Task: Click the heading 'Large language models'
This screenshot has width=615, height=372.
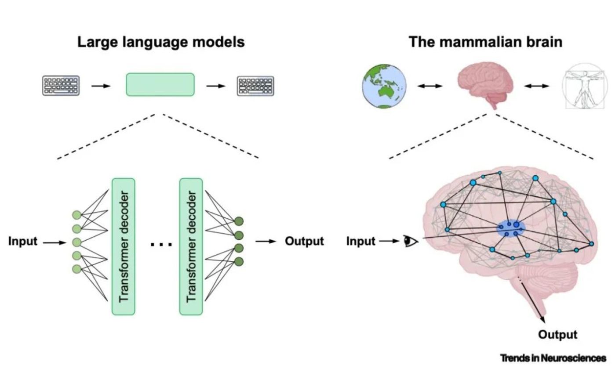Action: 161,42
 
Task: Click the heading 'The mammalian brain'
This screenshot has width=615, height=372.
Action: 485,42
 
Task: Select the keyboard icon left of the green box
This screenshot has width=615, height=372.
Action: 61,86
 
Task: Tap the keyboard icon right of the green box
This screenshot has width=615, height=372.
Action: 255,86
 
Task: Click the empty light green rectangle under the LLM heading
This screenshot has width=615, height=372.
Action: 160,84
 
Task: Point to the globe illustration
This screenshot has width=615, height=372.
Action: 385,86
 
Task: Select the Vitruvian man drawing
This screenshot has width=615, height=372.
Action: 584,86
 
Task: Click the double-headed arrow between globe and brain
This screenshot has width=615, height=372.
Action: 430,86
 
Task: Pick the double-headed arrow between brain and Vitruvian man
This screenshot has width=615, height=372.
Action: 536,86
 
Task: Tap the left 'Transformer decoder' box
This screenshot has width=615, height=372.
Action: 123,246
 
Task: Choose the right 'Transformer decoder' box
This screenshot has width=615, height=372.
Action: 191,246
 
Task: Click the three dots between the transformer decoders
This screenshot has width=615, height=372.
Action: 161,244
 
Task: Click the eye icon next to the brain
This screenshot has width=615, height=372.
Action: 411,241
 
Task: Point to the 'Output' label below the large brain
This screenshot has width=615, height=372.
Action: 557,335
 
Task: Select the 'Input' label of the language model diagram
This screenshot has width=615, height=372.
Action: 23,242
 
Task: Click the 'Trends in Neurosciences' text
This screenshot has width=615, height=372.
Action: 553,358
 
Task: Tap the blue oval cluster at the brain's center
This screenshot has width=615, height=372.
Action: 511,228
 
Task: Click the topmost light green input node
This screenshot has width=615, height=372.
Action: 76,215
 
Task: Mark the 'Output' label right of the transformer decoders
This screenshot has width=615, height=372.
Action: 304,241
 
